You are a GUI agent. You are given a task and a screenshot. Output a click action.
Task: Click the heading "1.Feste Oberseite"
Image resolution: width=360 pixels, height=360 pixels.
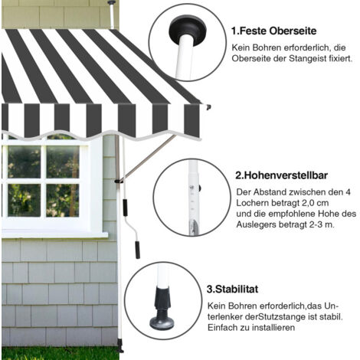(x=273, y=31)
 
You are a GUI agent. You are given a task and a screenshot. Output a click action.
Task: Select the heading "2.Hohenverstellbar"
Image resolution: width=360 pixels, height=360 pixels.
(x=281, y=175)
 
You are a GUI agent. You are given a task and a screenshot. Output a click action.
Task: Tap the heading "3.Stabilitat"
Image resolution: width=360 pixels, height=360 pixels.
(x=232, y=290)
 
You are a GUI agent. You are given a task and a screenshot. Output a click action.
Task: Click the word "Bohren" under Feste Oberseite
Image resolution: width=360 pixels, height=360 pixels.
(x=267, y=47)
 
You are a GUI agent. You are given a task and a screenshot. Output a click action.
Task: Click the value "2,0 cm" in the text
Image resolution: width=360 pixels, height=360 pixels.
(x=315, y=203)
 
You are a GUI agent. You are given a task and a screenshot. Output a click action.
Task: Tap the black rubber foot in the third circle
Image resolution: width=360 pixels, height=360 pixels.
(x=162, y=309)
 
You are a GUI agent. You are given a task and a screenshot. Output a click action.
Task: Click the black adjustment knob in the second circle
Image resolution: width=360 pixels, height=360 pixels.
(x=199, y=188)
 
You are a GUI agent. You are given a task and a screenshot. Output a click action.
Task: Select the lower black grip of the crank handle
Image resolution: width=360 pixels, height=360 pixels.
(x=138, y=250)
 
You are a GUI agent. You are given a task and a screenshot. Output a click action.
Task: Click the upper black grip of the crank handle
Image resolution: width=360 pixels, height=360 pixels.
(x=125, y=208)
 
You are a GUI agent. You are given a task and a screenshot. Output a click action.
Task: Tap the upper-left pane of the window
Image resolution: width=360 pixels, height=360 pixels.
(x=25, y=162)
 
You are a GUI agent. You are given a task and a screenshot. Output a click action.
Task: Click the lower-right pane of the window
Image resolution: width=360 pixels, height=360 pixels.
(x=63, y=201)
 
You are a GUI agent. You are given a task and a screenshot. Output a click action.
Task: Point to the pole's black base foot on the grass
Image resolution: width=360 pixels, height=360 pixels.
(x=119, y=347)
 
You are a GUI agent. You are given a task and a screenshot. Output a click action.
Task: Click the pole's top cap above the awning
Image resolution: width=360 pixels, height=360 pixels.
(x=111, y=2)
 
